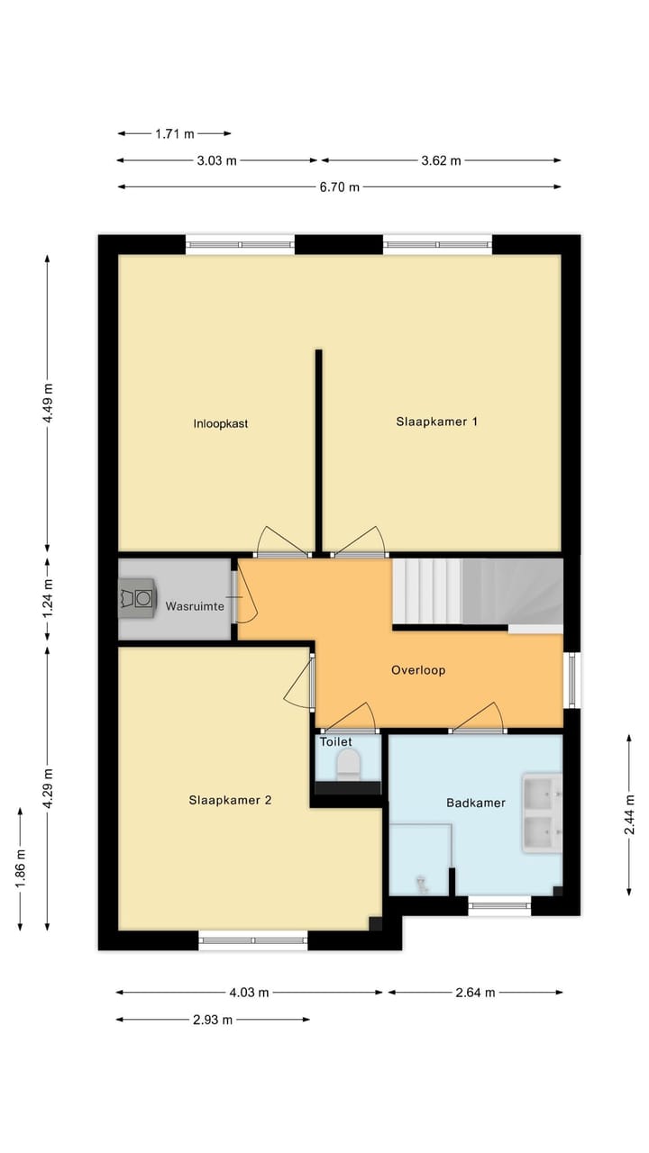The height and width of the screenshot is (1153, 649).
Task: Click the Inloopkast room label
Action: click(220, 422)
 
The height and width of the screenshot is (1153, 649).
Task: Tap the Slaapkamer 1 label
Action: click(436, 421)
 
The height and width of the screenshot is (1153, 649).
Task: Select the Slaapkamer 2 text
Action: click(230, 799)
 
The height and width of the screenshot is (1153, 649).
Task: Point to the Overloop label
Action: click(418, 670)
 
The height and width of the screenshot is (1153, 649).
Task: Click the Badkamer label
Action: click(475, 803)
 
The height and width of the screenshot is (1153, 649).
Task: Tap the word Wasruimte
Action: click(194, 606)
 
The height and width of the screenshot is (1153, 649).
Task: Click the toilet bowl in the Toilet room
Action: click(347, 767)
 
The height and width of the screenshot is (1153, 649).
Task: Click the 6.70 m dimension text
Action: click(340, 187)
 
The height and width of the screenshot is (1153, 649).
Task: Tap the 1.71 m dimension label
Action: click(174, 134)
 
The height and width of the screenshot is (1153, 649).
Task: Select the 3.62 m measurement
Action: click(441, 161)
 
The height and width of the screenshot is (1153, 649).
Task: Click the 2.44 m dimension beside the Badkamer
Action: click(628, 814)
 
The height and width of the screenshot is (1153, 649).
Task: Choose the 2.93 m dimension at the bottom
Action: click(213, 1020)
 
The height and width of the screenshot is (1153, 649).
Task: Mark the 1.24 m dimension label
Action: click(48, 598)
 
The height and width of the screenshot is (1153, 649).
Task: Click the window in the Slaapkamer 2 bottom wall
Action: click(253, 941)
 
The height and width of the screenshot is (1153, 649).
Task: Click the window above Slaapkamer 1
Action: click(437, 243)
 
